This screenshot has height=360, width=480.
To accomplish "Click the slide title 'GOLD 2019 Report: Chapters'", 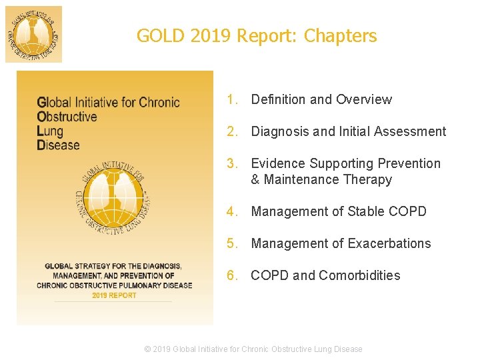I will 257,36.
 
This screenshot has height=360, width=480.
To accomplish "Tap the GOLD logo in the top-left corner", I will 33,34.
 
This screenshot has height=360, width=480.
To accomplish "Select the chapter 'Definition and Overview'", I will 321,99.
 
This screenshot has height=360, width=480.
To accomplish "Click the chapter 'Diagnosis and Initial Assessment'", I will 348,131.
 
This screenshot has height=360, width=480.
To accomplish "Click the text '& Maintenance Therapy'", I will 321,179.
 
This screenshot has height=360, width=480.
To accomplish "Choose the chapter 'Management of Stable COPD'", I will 339,211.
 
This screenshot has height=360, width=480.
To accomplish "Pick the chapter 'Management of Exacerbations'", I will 341,243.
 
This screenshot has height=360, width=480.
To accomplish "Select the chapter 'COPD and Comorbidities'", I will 325,275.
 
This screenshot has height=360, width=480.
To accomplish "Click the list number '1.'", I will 232,99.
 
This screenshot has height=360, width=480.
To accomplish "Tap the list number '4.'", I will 232,211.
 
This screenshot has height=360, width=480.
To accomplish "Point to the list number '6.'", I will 232,275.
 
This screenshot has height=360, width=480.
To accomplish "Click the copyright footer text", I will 254,349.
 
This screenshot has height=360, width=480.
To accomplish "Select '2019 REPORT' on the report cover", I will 114,295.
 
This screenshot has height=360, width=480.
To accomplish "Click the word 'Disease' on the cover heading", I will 58,145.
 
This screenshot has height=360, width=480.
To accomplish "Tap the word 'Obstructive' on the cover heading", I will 67,117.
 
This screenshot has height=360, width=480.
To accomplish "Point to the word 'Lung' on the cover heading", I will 50,131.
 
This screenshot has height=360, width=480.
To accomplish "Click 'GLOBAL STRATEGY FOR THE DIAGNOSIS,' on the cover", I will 113,266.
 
